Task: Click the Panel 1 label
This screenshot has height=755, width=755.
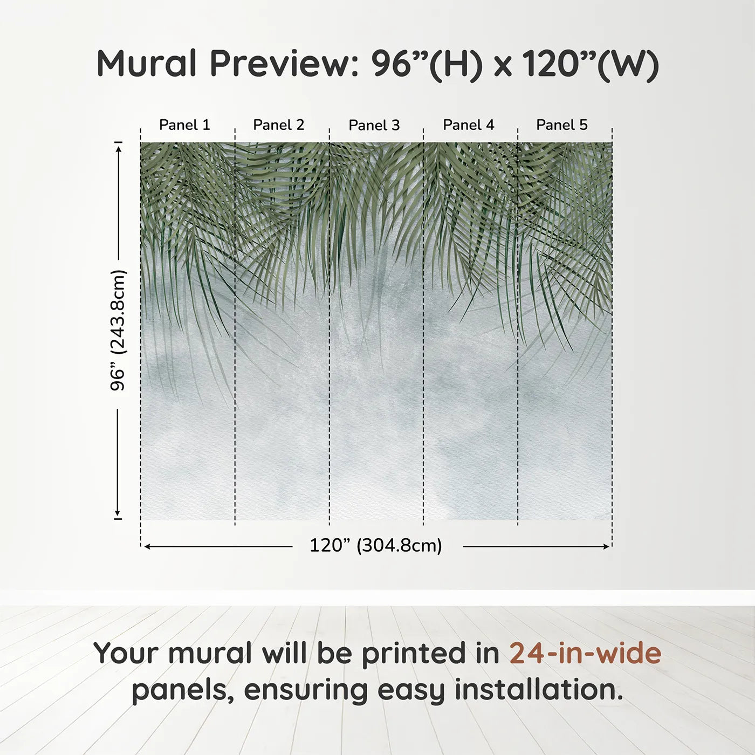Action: coord(184,125)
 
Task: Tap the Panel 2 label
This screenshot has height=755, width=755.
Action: coord(279,125)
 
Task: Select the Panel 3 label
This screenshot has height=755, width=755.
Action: coord(374,125)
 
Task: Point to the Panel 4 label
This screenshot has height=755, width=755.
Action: coord(469,125)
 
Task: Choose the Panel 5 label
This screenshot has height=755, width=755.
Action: coord(562,125)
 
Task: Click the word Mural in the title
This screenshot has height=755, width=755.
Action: coord(147,64)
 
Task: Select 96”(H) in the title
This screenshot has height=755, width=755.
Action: coord(426,64)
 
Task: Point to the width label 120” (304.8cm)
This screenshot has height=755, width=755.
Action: coord(376,546)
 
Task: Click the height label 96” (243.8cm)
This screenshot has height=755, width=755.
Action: coord(118,330)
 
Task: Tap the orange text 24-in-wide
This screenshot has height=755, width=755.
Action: coord(585,653)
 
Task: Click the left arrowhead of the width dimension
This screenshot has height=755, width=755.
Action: coord(147,546)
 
